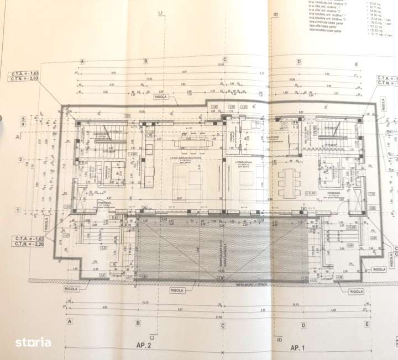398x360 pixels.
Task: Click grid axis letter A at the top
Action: [82, 62]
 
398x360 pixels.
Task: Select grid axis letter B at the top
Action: [146, 61]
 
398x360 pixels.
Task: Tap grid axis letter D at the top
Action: [298, 62]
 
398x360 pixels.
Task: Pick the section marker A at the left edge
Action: [18, 135]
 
